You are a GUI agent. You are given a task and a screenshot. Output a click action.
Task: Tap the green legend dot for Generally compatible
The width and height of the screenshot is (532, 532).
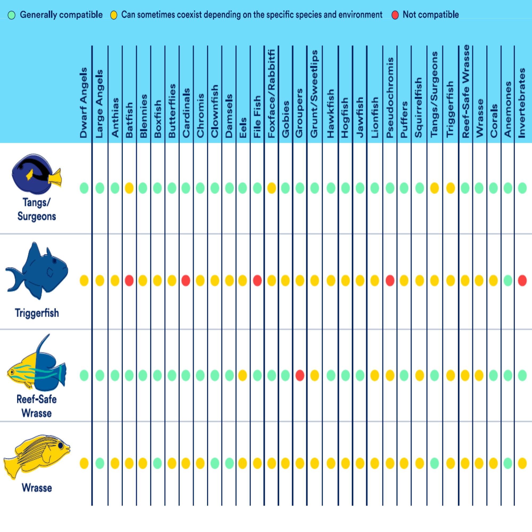pyautogui.click(x=11, y=15)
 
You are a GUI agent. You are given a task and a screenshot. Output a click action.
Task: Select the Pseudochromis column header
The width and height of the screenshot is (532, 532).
pyautogui.click(x=390, y=98)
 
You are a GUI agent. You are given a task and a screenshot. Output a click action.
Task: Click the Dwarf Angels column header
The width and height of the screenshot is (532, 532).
pyautogui.click(x=84, y=102)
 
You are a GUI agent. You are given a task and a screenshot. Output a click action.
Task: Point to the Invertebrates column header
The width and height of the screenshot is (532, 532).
pyautogui.click(x=522, y=103)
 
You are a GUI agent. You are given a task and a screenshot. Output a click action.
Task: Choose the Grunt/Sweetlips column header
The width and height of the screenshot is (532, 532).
pyautogui.click(x=314, y=94)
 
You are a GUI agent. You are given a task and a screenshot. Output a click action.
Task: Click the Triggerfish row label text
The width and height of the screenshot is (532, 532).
pyautogui.click(x=37, y=313)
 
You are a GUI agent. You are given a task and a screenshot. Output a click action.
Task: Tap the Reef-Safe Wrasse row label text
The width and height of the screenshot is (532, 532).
pyautogui.click(x=37, y=406)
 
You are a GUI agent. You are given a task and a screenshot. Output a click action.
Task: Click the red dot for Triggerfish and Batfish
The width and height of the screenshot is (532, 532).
pyautogui.click(x=129, y=281)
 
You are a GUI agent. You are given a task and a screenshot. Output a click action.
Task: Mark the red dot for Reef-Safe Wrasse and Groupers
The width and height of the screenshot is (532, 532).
pyautogui.click(x=300, y=375)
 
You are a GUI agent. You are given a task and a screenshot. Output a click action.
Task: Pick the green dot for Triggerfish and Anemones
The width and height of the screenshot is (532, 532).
pyautogui.click(x=508, y=281)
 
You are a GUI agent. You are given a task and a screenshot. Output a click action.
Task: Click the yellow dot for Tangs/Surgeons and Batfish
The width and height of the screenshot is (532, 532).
pyautogui.click(x=129, y=188)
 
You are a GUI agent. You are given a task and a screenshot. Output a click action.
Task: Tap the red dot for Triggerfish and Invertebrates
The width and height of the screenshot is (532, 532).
pyautogui.click(x=522, y=281)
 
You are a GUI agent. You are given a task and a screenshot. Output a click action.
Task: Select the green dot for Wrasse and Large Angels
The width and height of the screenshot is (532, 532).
pyautogui.click(x=100, y=463)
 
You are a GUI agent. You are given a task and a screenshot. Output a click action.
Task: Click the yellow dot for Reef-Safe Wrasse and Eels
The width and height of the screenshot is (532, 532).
pyautogui.click(x=242, y=375)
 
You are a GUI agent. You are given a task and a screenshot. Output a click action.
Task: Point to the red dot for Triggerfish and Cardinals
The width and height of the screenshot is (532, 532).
pyautogui.click(x=186, y=281)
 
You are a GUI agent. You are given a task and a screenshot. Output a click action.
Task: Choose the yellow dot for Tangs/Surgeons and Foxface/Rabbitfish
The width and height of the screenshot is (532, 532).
pyautogui.click(x=272, y=188)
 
